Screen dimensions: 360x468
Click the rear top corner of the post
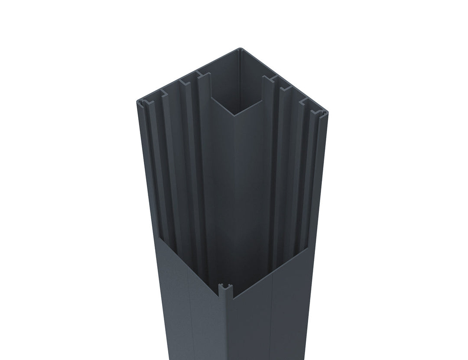coord(239,49)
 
